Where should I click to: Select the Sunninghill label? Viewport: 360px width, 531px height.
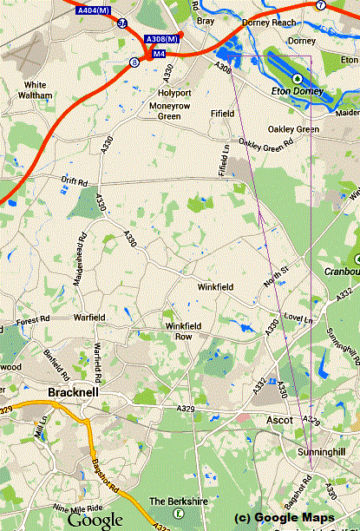click(x=335, y=451)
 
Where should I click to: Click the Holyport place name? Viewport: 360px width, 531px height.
click(x=173, y=92)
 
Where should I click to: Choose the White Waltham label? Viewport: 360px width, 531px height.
click(x=36, y=90)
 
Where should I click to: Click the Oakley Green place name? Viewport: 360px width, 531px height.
click(x=293, y=128)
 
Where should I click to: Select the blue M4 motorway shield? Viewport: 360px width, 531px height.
click(x=159, y=54)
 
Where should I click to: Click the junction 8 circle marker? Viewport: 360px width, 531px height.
click(x=134, y=62)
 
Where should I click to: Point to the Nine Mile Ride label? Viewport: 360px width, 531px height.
click(x=78, y=508)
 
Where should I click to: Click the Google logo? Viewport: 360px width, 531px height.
click(x=95, y=520)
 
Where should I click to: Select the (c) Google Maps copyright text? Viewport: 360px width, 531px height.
click(x=284, y=518)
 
